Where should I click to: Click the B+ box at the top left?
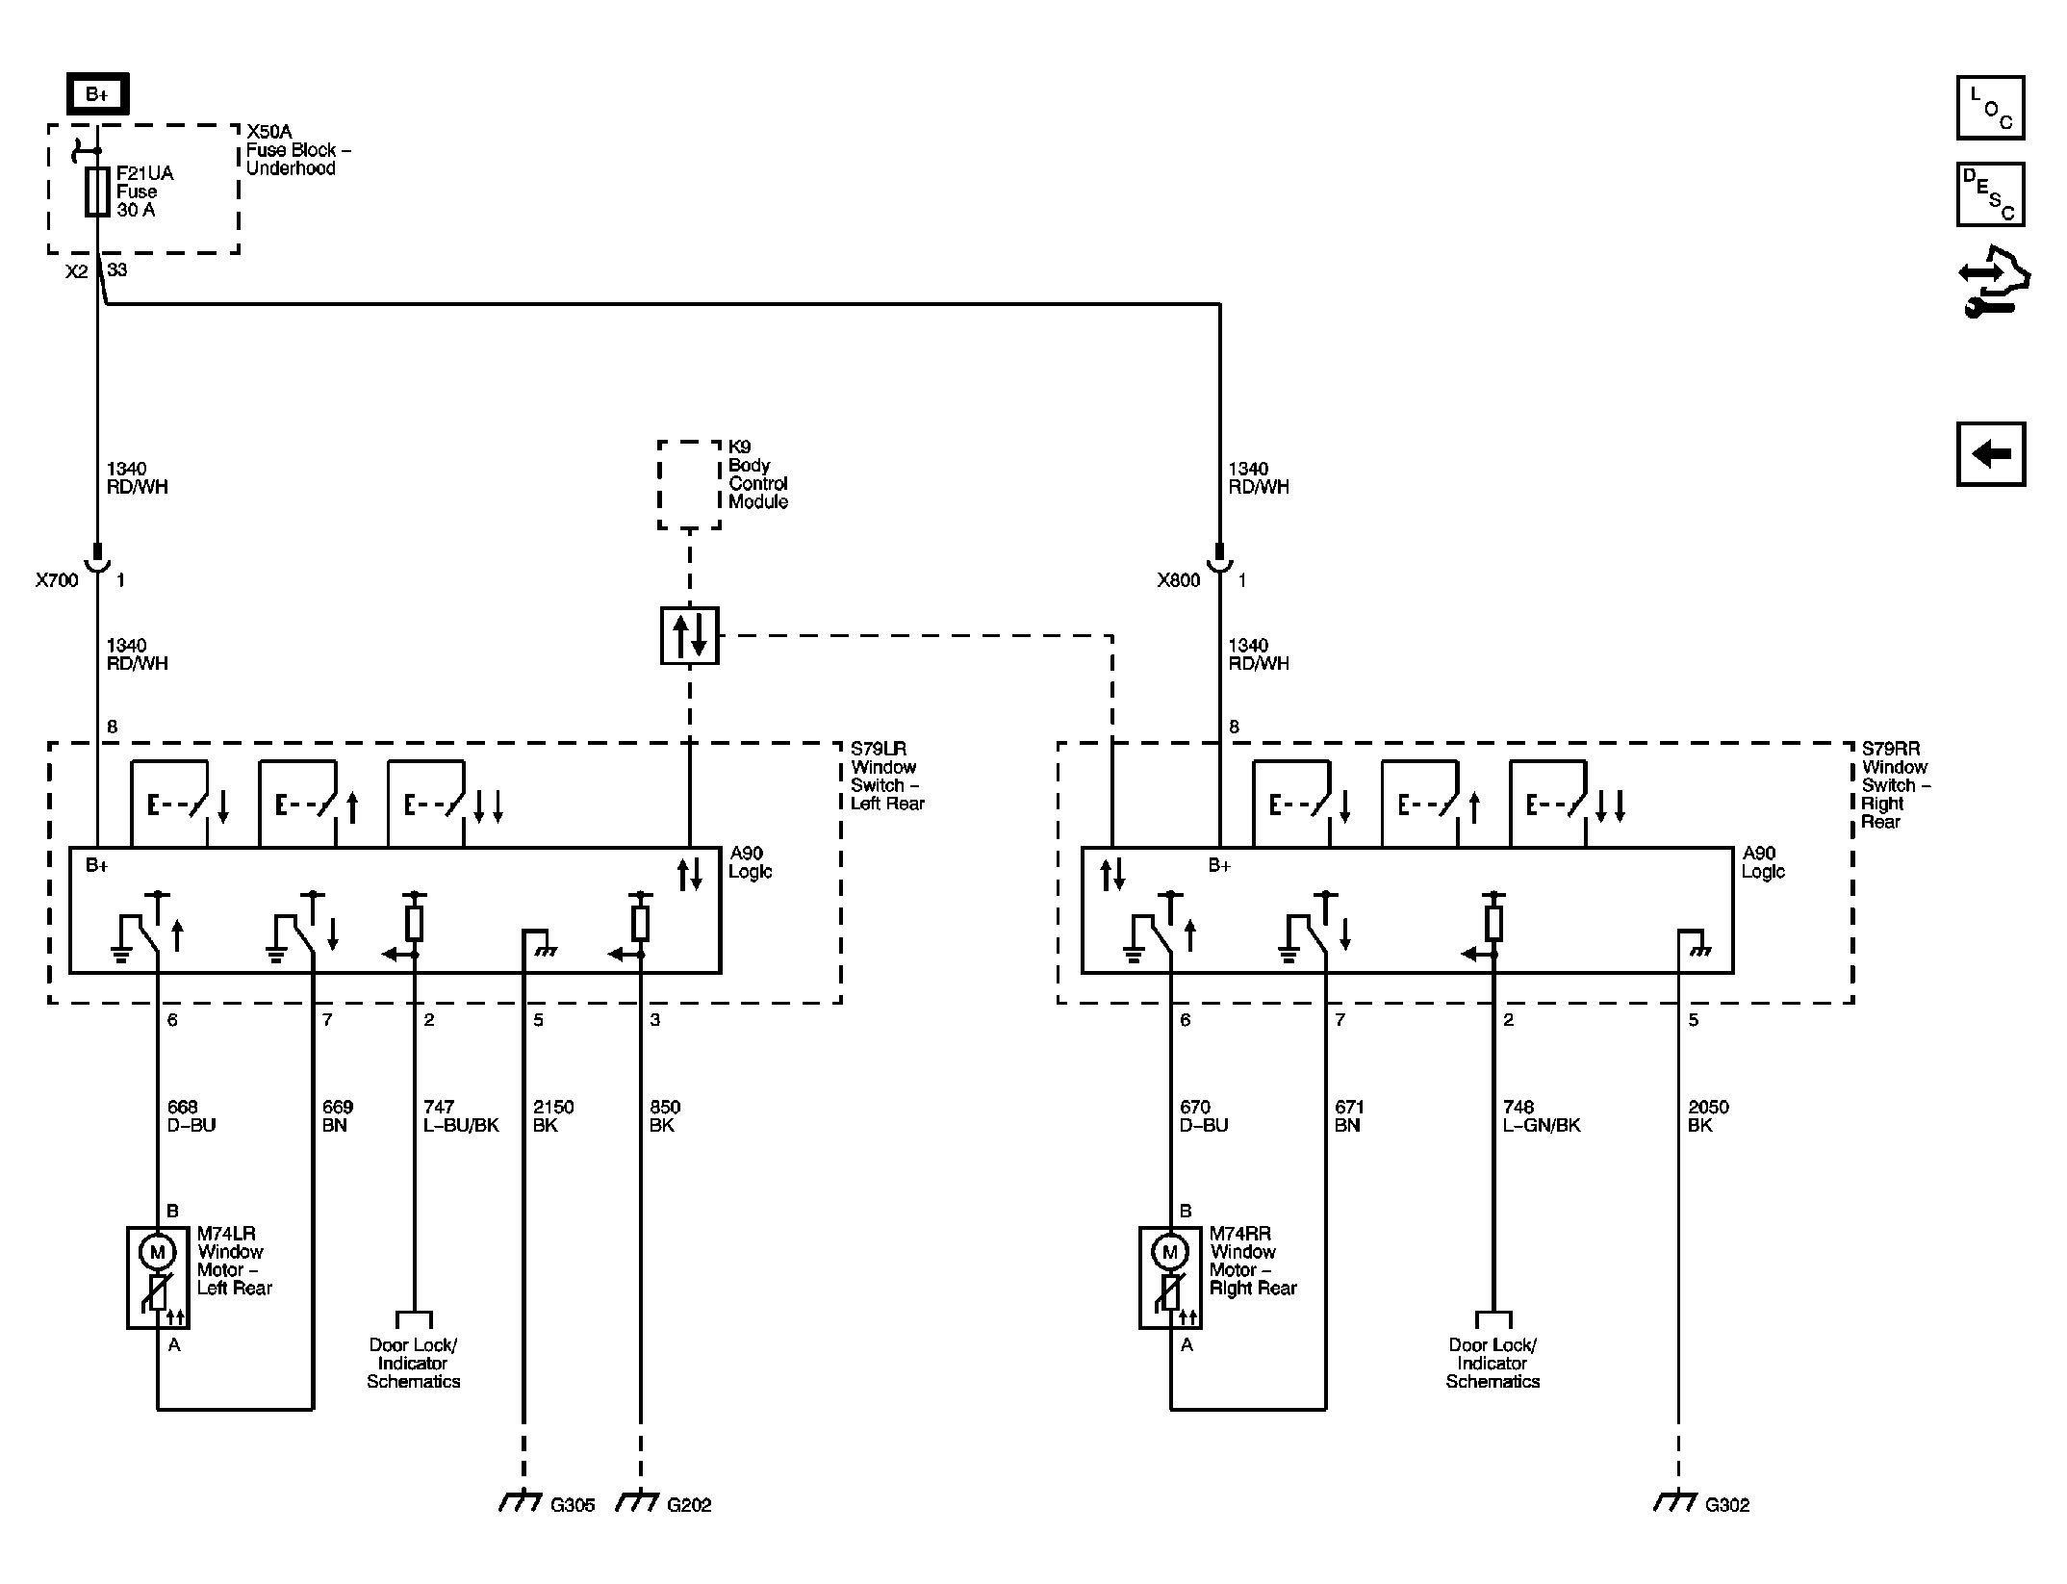tap(97, 94)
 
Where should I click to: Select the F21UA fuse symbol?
tap(97, 191)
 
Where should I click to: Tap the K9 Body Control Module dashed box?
tap(689, 485)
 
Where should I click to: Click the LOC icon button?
tap(1990, 108)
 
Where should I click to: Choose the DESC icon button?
tap(1990, 194)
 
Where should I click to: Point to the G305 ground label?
tap(573, 1505)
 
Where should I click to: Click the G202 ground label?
tap(689, 1505)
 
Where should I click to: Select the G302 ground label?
tap(1727, 1505)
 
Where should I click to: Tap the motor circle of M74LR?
tap(158, 1252)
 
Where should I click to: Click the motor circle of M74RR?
tap(1170, 1252)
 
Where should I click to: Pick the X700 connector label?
tap(57, 580)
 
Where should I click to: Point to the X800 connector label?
tap(1179, 580)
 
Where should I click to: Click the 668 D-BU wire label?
tap(191, 1116)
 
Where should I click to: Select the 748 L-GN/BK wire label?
tap(1542, 1116)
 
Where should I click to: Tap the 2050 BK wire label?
tap(1709, 1116)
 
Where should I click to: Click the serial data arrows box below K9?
tap(689, 635)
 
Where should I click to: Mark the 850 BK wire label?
tap(665, 1116)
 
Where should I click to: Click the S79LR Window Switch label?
tap(887, 776)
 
